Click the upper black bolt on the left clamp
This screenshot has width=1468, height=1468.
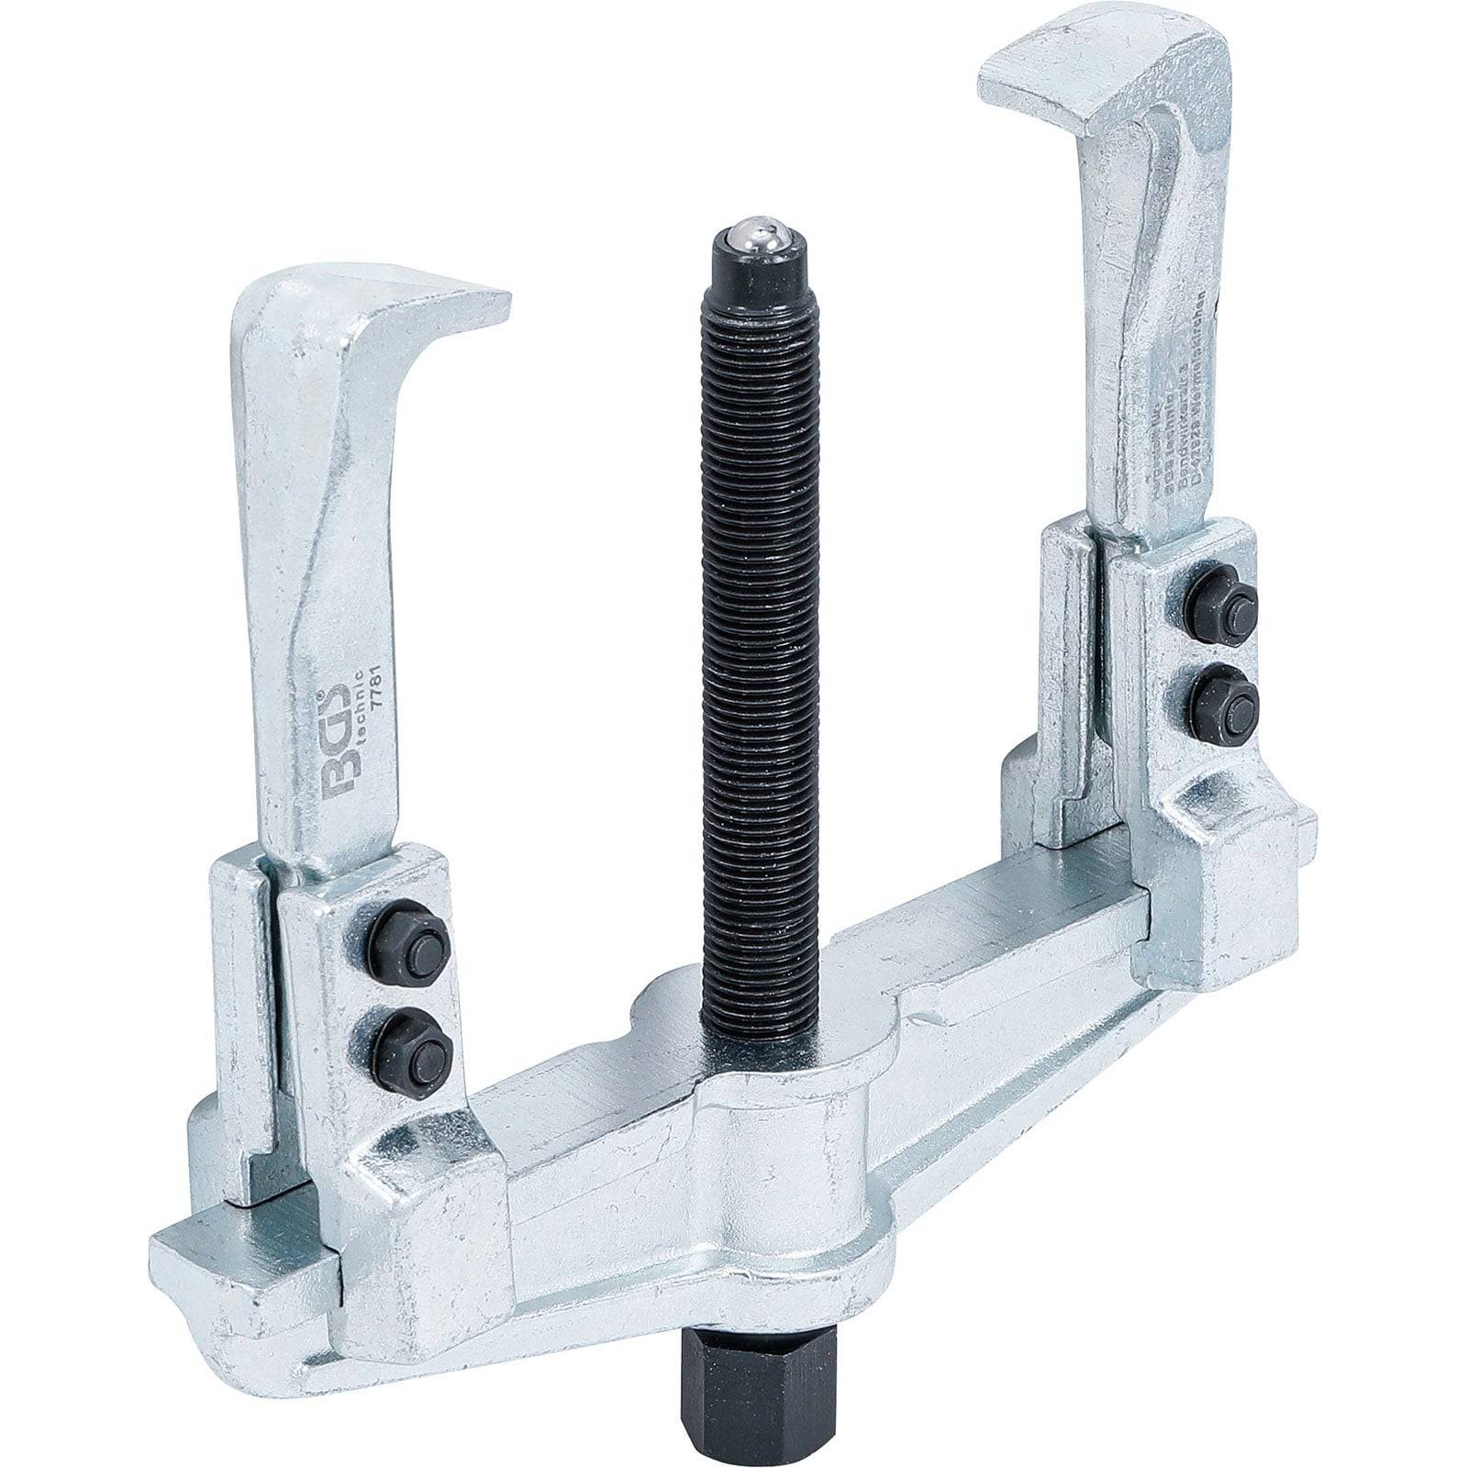[406, 942]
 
